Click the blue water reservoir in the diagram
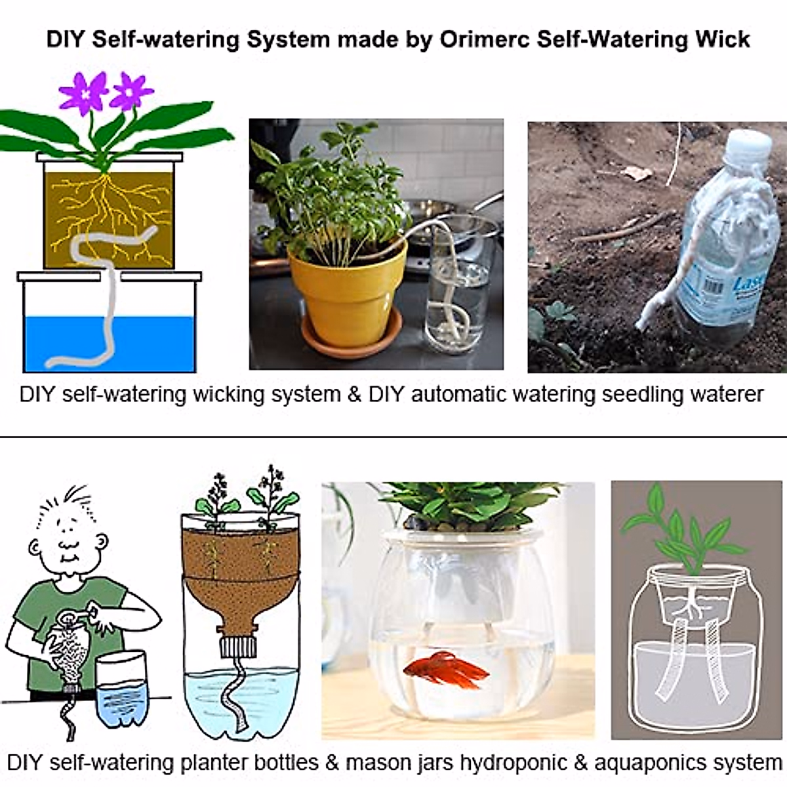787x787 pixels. pyautogui.click(x=109, y=344)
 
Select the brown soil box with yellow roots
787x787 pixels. pyautogui.click(x=109, y=220)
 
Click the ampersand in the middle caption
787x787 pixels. pyautogui.click(x=354, y=395)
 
